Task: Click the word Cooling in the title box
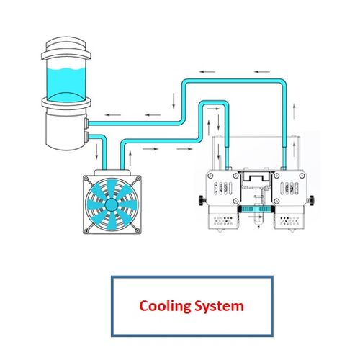click(x=165, y=307)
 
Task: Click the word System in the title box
click(x=219, y=307)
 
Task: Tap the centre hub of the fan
click(x=112, y=204)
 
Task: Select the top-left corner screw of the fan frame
click(x=86, y=179)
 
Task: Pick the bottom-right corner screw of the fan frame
click(x=138, y=230)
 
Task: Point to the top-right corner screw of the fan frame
click(x=138, y=179)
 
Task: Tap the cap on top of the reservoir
click(x=66, y=48)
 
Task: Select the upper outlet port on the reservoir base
click(x=86, y=124)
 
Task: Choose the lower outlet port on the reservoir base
click(x=86, y=137)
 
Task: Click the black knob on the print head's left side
click(x=202, y=200)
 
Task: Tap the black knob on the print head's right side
click(x=312, y=200)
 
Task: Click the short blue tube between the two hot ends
click(x=256, y=209)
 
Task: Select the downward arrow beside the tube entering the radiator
click(x=96, y=151)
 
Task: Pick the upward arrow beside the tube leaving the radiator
click(x=130, y=158)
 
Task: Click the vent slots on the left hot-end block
click(x=222, y=189)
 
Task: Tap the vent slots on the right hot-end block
click(x=290, y=189)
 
